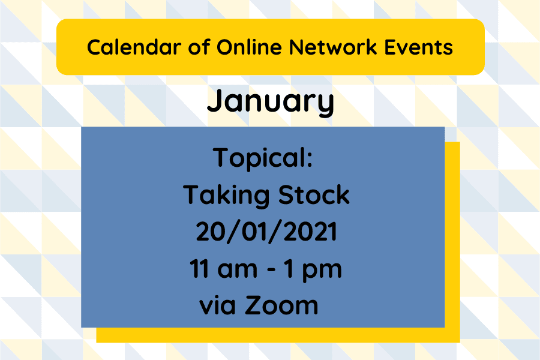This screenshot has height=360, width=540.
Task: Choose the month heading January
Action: [270, 102]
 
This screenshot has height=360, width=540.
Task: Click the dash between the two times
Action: [271, 271]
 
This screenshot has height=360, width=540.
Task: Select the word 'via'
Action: [217, 306]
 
